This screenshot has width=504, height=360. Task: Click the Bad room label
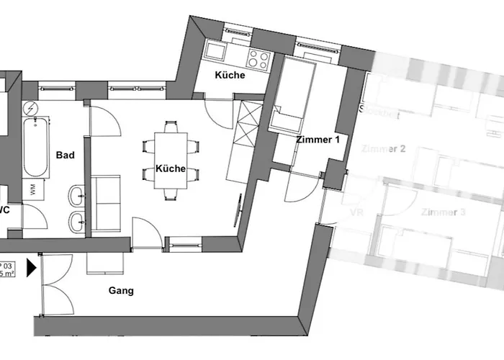[x=66, y=154]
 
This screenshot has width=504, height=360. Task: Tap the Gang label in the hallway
[x=122, y=291]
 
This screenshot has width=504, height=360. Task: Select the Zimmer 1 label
[x=317, y=140]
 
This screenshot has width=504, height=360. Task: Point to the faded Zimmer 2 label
[x=382, y=149]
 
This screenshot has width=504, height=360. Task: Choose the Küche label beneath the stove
[x=230, y=75]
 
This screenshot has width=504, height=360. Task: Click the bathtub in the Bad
[x=37, y=148]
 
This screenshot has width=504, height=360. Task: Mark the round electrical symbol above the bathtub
[x=31, y=108]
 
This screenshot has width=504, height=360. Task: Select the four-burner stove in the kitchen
[x=259, y=57]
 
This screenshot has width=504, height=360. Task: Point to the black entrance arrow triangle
[x=31, y=269]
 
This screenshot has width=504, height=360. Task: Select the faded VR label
[x=354, y=214]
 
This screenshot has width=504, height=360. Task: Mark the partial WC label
[x=4, y=210]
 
